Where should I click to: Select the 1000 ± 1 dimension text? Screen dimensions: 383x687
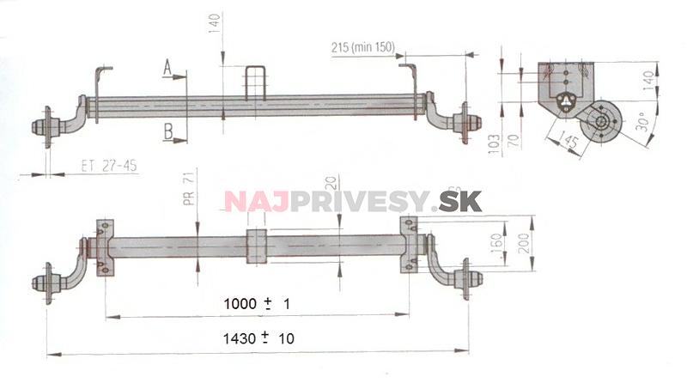pos(257,304)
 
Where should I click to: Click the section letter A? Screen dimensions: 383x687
pos(168,65)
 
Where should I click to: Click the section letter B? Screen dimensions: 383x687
pos(168,130)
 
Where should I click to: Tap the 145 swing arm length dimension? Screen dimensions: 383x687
pos(568,135)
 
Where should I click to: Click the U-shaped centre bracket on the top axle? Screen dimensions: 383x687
pos(257,82)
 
